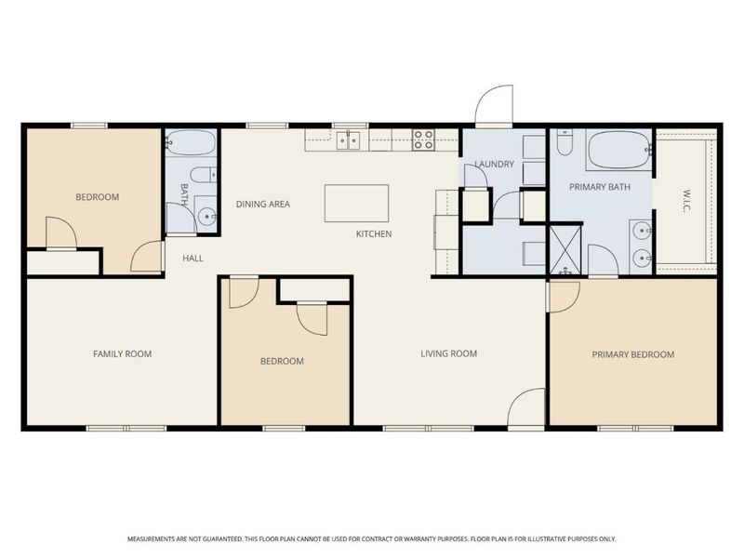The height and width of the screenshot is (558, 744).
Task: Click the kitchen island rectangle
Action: (x=356, y=203)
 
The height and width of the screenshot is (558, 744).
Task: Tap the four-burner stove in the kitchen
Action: (x=423, y=140)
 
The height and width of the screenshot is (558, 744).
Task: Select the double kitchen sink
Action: (x=348, y=140)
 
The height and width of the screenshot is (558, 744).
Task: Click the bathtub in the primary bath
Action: (x=618, y=150)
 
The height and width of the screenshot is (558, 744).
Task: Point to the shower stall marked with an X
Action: (x=565, y=249)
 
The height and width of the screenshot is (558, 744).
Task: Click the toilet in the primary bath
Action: (x=565, y=142)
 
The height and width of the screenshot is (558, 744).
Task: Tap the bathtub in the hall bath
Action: (x=191, y=142)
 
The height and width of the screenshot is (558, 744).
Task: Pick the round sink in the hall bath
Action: (x=207, y=217)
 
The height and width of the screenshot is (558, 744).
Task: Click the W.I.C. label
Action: (x=686, y=201)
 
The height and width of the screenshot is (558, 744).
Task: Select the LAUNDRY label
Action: (x=495, y=165)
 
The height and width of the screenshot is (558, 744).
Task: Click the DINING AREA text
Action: (x=263, y=204)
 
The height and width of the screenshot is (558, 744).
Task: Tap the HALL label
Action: (x=193, y=259)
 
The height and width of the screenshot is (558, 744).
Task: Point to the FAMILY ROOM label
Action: (x=123, y=354)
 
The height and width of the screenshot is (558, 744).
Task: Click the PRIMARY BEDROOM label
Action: (x=633, y=354)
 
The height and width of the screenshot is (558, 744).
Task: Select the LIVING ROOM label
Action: (x=449, y=353)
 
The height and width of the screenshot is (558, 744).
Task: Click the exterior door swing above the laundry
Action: (x=495, y=104)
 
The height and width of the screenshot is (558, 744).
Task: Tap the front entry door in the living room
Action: (x=526, y=407)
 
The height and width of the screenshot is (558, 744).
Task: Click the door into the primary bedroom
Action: (x=564, y=297)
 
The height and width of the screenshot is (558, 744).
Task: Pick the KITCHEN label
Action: (x=374, y=234)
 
